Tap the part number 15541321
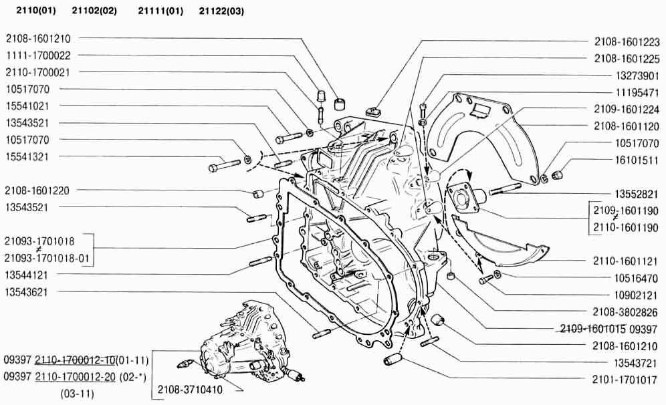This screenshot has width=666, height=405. pos(32,156)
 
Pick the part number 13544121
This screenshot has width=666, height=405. pos(32,275)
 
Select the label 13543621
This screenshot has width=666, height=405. pos(32,292)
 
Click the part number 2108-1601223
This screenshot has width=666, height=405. pos(627,41)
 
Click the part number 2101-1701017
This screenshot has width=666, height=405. pos(627,379)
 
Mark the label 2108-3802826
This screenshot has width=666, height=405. pos(627,311)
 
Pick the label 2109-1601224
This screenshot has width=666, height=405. pos(627,109)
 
